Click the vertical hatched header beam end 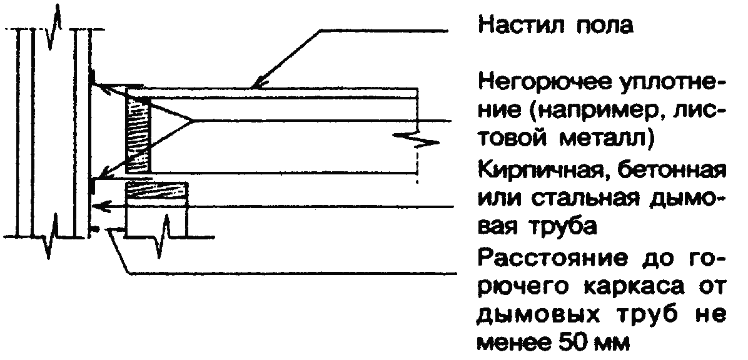coord(138,136)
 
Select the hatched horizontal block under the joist coord(156,191)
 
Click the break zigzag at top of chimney coord(55,27)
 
